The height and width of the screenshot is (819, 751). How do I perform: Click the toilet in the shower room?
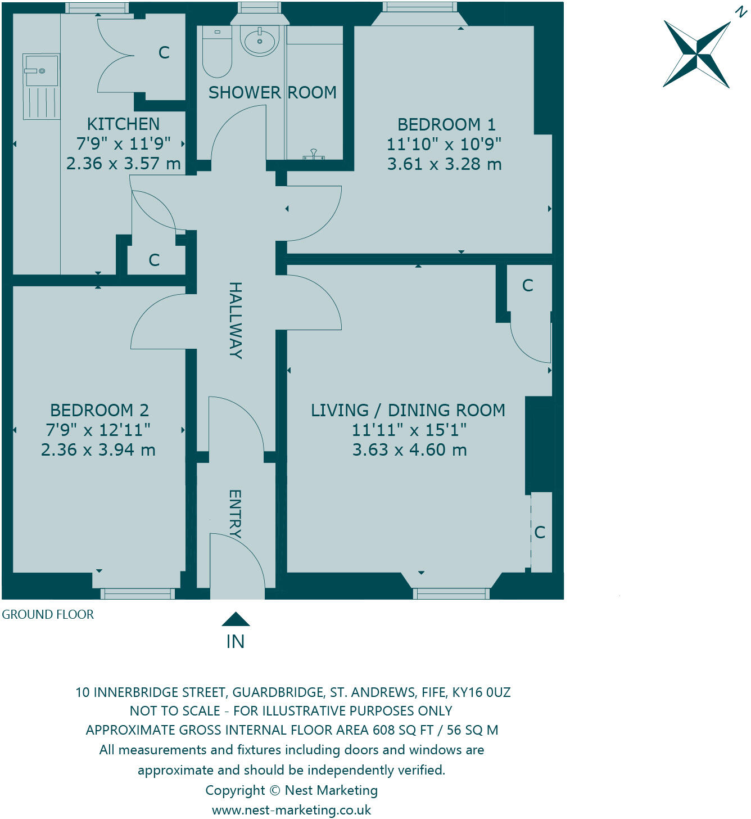(216, 52)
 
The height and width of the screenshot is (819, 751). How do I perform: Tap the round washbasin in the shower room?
(259, 40)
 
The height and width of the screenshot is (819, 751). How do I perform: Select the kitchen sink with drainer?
(41, 86)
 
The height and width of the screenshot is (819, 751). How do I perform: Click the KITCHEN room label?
(123, 124)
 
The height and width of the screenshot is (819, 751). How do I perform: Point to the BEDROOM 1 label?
(446, 124)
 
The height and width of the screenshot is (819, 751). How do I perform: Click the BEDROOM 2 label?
(99, 410)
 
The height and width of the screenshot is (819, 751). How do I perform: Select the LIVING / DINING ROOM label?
(408, 410)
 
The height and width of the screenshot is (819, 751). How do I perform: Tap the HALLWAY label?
(236, 320)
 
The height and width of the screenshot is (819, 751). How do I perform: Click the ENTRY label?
(236, 514)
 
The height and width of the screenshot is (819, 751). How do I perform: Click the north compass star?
(698, 54)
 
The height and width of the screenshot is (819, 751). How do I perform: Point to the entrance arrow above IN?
(236, 619)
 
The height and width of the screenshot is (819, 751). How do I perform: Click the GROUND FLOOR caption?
(48, 614)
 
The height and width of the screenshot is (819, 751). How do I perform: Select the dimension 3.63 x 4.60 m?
(409, 450)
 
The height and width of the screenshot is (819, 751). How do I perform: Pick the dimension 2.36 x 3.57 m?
(123, 164)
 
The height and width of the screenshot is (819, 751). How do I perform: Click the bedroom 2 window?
(138, 593)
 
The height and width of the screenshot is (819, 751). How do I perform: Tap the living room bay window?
(451, 593)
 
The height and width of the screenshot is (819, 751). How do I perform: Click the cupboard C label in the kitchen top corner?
(164, 53)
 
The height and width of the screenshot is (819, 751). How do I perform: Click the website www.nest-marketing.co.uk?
(291, 810)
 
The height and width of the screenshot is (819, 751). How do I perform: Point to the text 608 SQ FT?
(402, 730)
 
